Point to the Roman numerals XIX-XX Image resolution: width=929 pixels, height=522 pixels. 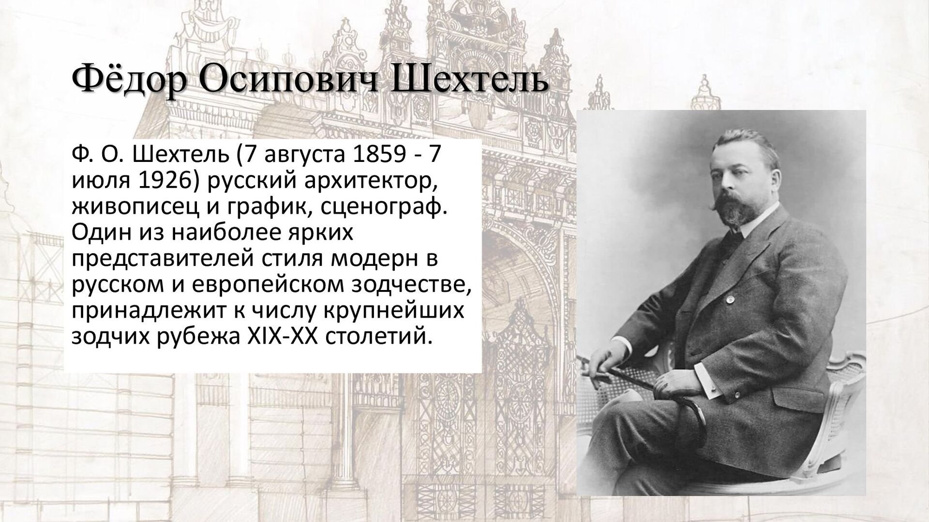280,337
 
